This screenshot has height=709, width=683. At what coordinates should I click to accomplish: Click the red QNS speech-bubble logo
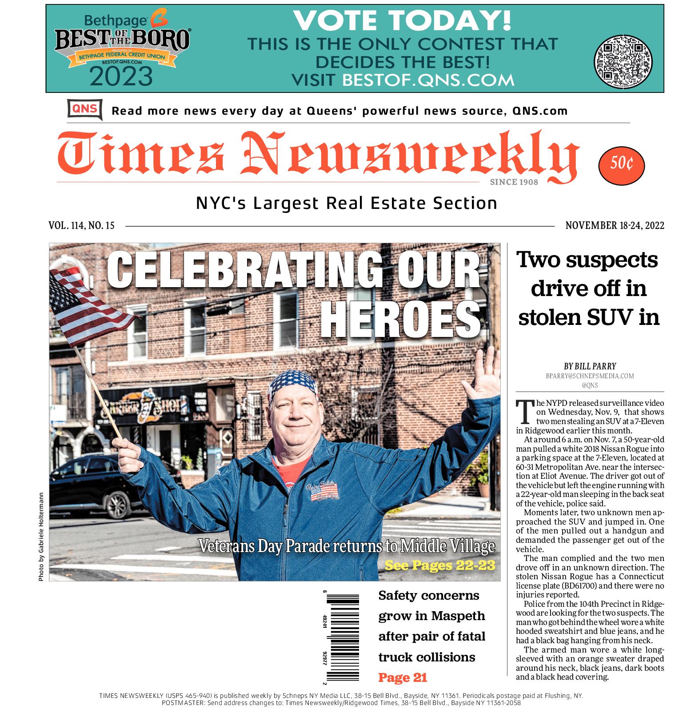[x=84, y=109]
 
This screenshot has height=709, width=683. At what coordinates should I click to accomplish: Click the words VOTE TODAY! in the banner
[x=402, y=20]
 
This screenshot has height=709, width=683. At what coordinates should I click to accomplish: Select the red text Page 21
[x=402, y=677]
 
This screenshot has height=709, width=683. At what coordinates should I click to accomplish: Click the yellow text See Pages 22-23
[x=439, y=565]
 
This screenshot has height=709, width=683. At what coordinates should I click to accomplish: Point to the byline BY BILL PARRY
[x=590, y=366]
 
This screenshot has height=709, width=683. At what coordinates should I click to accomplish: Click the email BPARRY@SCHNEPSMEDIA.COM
[x=590, y=376]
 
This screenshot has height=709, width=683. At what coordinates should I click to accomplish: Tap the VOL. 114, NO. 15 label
[x=81, y=226]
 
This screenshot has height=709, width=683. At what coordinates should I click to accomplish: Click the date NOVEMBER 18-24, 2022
[x=615, y=226]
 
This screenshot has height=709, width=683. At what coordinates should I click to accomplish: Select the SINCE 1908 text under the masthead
[x=514, y=182]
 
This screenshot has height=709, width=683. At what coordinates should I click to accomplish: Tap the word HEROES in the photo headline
[x=402, y=319]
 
